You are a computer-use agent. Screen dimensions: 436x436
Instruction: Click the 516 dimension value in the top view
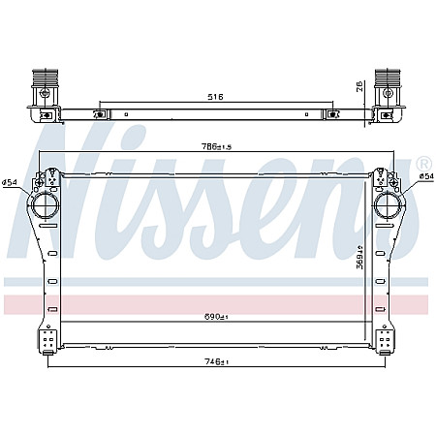(216, 97)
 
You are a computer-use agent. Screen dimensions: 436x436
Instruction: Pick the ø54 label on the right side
(425, 176)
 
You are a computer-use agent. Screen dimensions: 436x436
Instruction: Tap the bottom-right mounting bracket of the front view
(385, 341)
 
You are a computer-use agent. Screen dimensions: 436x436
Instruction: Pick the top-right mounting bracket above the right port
(388, 179)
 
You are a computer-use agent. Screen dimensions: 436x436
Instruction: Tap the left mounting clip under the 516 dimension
(98, 114)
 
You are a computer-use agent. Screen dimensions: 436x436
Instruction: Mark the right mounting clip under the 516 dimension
(333, 114)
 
